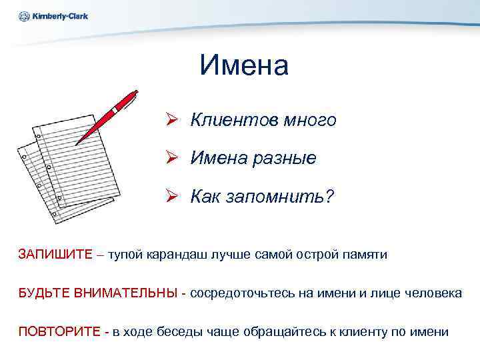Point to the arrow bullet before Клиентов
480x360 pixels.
pyautogui.click(x=172, y=120)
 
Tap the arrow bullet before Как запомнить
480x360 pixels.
pyautogui.click(x=172, y=197)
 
